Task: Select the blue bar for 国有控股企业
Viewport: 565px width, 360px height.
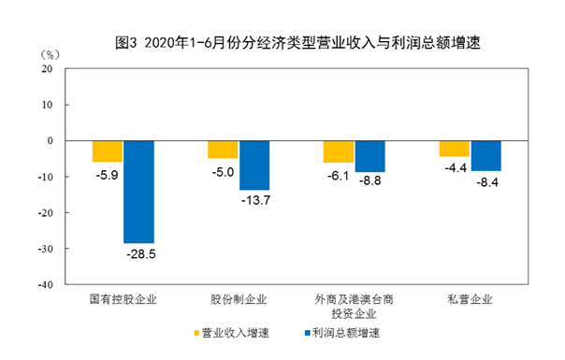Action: tap(138, 192)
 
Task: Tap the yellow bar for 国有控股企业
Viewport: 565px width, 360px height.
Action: tap(108, 151)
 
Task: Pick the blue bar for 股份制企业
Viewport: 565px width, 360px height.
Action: tap(254, 166)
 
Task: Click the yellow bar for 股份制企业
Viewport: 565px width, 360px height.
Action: tap(223, 150)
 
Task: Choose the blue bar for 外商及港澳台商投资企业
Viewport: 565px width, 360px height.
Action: tap(369, 156)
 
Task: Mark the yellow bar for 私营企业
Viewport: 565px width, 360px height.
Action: tap(454, 149)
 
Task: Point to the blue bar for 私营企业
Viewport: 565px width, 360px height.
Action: tap(485, 155)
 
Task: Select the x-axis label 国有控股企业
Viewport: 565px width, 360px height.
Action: tap(123, 300)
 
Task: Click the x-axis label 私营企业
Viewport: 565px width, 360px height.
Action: tap(470, 300)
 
